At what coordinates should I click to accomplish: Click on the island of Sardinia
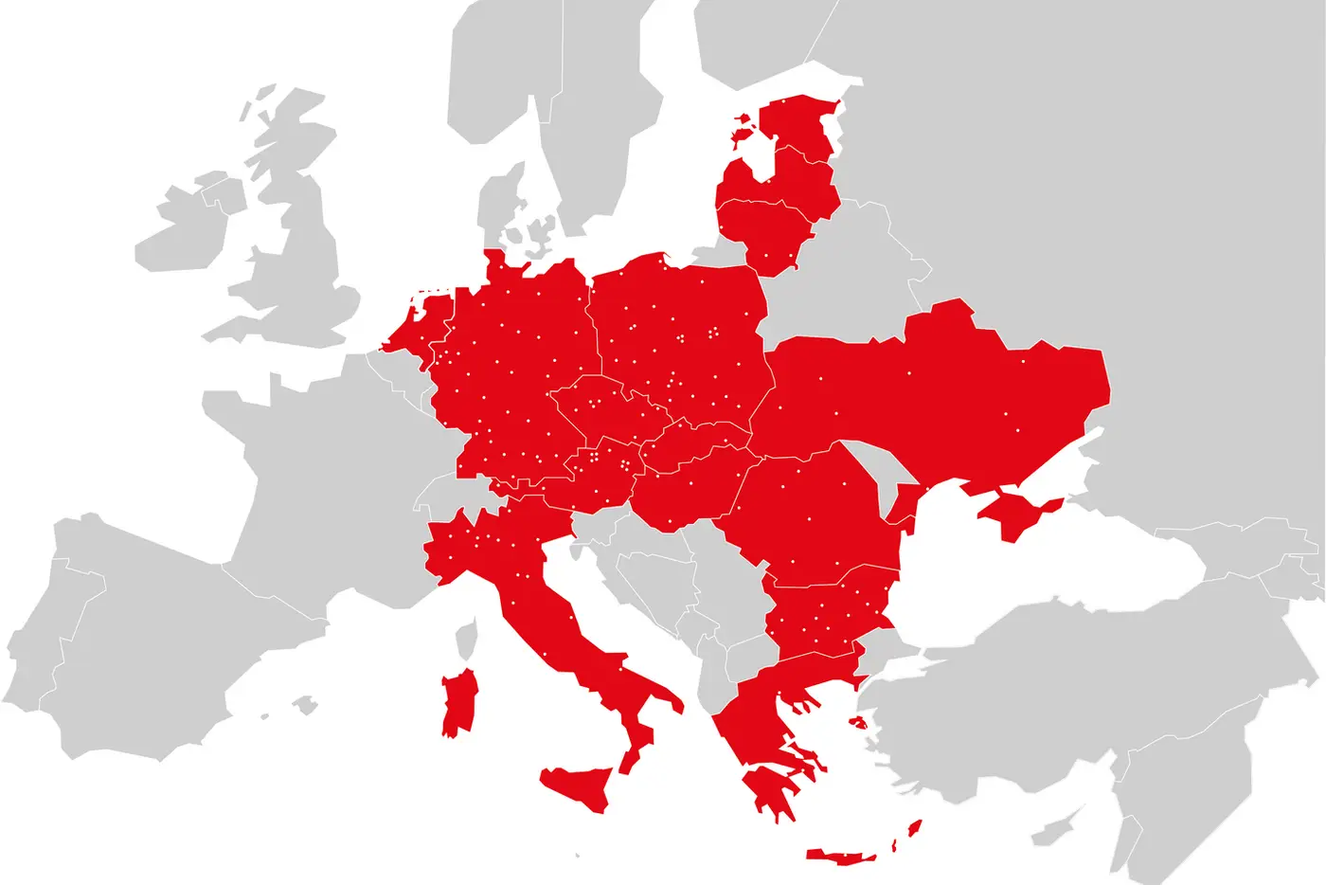pos(460,703)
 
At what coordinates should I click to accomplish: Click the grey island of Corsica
pos(465,640)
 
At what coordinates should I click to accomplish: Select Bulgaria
pos(829,616)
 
